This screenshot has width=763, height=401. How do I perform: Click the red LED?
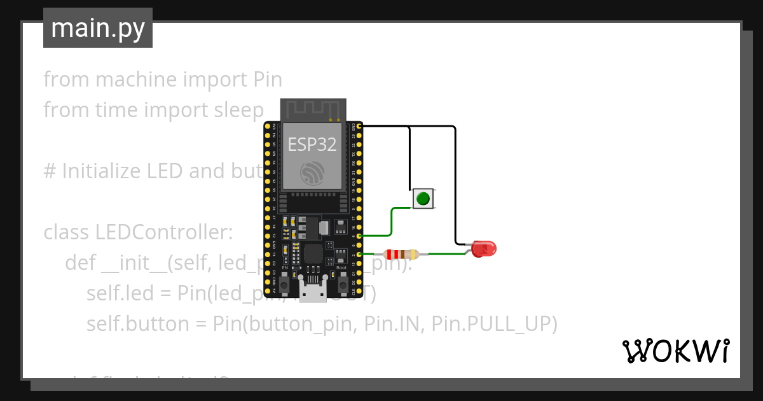coord(485,249)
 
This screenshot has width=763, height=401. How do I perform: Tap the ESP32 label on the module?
coord(312,144)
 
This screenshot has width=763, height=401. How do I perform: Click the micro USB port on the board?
coord(313,293)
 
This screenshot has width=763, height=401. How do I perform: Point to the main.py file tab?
coord(98,28)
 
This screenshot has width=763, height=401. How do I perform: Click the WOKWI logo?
coord(675,351)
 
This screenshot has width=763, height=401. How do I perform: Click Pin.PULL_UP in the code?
coord(494,324)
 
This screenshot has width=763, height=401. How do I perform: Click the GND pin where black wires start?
coord(360,127)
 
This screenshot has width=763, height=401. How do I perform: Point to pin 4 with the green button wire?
coord(360,236)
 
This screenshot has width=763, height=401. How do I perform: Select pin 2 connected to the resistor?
coord(360,255)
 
